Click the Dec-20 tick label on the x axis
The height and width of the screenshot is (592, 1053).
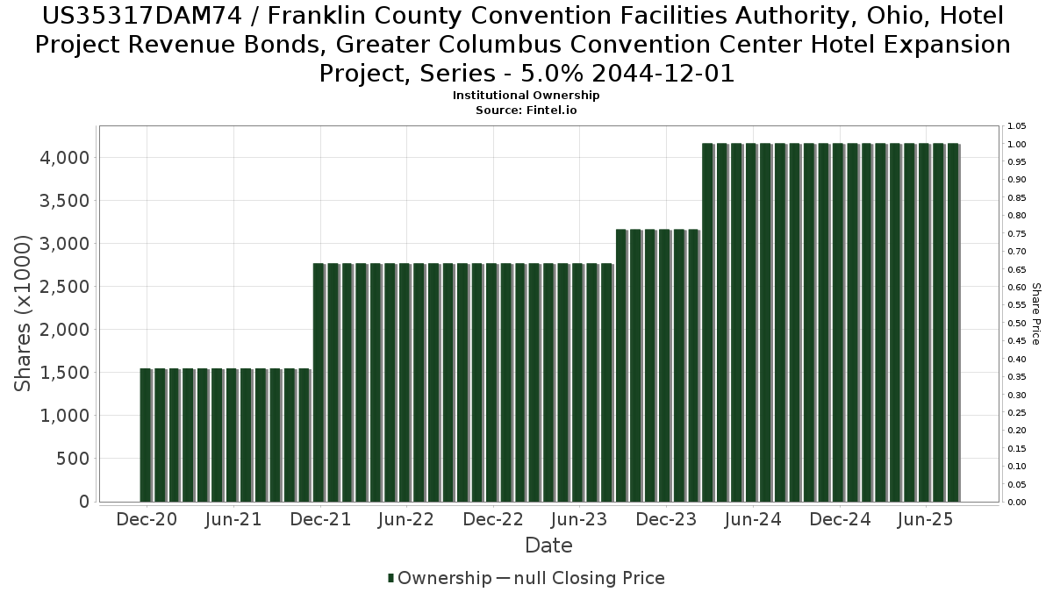tap(147, 519)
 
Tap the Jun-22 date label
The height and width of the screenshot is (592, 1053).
tap(406, 519)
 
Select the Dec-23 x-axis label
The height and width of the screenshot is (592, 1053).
tap(666, 519)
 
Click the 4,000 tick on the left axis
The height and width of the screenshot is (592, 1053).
tap(66, 158)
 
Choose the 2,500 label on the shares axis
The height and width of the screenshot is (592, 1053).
tap(66, 287)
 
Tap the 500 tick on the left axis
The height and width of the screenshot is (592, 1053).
tap(73, 459)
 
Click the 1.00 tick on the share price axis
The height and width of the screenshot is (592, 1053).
tap(1017, 144)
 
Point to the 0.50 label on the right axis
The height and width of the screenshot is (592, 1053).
tap(1017, 323)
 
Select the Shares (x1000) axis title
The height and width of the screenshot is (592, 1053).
tap(24, 313)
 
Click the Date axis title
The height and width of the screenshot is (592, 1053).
tap(548, 546)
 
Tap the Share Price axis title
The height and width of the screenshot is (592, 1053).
tap(1036, 313)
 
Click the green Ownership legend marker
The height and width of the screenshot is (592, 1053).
tap(391, 578)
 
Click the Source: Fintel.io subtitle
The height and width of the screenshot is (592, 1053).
tap(526, 111)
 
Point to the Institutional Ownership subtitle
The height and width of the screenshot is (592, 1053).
tap(526, 96)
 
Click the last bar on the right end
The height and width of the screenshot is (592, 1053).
tap(953, 323)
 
